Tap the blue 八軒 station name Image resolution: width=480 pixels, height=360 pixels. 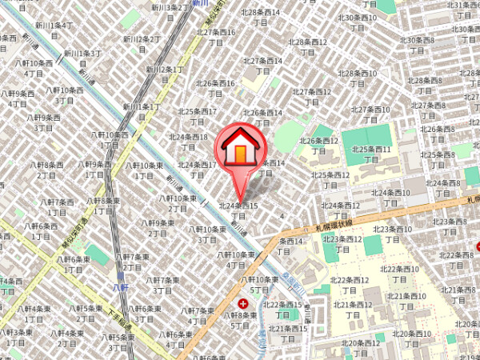pyautogui.click(x=120, y=287)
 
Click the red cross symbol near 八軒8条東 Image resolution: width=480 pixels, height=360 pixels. pyautogui.click(x=243, y=304)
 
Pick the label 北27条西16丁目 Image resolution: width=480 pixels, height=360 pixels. pyautogui.click(x=216, y=38)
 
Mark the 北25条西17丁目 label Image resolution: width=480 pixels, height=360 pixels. pyautogui.click(x=198, y=116)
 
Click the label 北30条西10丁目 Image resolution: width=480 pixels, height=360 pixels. pyautogui.click(x=357, y=22)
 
